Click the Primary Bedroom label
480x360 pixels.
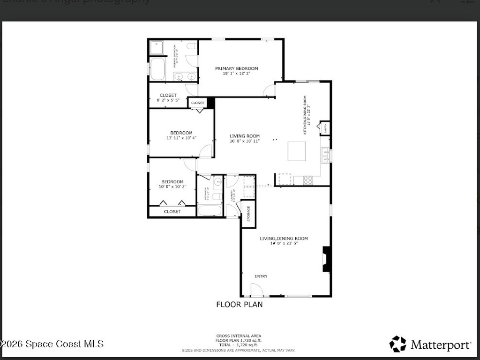click(236, 68)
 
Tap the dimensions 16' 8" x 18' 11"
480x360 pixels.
click(244, 141)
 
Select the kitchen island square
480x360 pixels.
click(297, 151)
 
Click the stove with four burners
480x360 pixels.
click(308, 180)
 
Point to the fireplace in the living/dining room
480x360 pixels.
click(327, 259)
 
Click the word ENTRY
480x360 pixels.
click(261, 276)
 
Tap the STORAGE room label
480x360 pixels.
click(248, 213)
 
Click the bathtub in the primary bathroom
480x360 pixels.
click(157, 69)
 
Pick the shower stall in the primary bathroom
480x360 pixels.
click(157, 47)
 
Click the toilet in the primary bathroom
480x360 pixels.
click(191, 46)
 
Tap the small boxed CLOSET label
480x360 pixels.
click(197, 103)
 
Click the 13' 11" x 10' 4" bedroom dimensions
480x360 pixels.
click(181, 138)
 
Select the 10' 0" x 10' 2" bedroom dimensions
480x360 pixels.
click(172, 187)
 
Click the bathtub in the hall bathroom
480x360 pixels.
click(209, 210)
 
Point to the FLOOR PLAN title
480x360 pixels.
click(239, 304)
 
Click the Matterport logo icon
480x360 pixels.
click(397, 344)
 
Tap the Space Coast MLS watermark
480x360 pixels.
click(52, 344)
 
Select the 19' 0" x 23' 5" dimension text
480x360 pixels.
click(284, 243)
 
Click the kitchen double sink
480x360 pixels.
click(324, 155)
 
